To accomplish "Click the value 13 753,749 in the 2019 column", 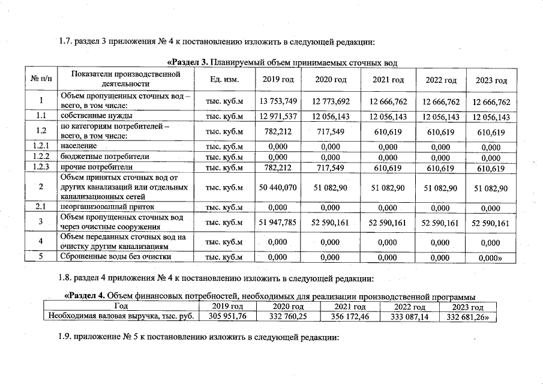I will (278, 101).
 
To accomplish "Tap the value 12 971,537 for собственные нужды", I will (278, 116).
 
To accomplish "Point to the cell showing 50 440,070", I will (278, 188).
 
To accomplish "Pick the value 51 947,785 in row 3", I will (278, 223).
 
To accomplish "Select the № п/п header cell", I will (41, 80).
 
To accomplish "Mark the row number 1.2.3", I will (41, 167).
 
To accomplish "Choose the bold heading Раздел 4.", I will (85, 295).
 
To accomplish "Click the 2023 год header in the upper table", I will (491, 80).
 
